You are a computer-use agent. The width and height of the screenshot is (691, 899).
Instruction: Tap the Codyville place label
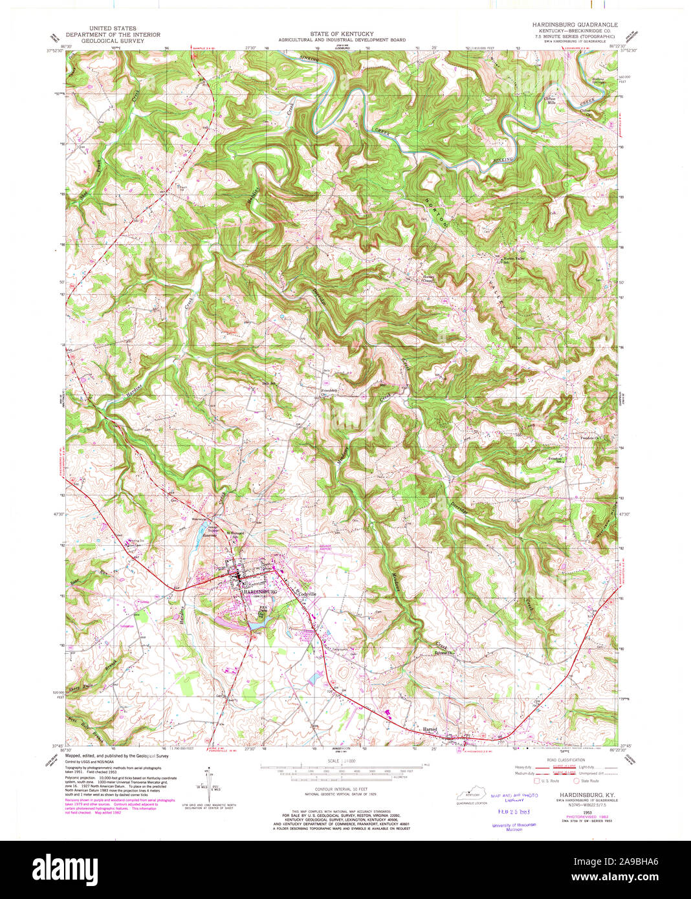(x=306, y=594)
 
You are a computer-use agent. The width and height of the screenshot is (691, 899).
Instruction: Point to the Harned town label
(x=430, y=729)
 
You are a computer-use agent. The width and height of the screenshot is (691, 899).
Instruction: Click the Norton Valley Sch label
(x=512, y=260)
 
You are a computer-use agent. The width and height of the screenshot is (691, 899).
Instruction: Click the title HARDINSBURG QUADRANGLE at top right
(x=575, y=25)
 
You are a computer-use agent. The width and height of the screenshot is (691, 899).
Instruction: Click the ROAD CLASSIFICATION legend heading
(x=565, y=760)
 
